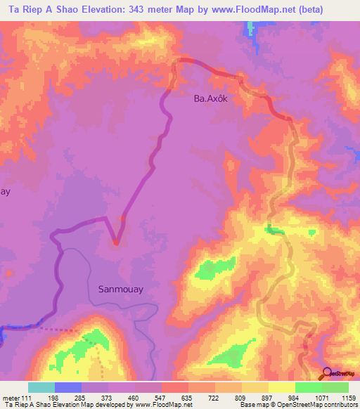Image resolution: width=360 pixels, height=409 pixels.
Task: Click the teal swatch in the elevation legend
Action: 41,388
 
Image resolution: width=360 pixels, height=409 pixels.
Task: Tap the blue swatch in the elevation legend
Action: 67,388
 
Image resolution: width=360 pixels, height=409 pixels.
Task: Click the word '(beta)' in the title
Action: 333,10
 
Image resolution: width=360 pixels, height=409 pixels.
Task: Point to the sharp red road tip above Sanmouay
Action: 116,243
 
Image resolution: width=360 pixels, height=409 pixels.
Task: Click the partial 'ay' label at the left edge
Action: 4,191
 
